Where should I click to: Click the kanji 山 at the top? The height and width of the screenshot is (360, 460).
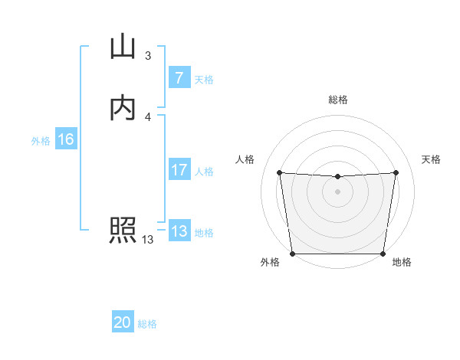pos(123,47)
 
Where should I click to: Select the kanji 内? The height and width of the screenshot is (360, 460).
pos(123,108)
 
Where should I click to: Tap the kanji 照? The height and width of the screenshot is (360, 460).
pos(123,230)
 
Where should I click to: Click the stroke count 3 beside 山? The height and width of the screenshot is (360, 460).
pos(147,56)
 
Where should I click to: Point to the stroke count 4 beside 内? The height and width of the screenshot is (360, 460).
pos(147,116)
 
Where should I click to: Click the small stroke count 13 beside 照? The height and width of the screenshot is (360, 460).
pos(147,240)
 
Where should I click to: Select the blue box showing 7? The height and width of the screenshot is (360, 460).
pos(179,78)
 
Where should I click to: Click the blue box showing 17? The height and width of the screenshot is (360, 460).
pos(179,170)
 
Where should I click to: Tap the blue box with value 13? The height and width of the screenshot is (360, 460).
pos(179,231)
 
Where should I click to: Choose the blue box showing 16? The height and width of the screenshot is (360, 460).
pos(65,139)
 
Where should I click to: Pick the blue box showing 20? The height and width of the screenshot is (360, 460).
pos(123,322)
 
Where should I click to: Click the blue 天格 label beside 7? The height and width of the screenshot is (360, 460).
pos(204,79)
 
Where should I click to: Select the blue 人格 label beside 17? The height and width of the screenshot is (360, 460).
pos(204,171)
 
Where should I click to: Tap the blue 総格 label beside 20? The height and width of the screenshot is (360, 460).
pos(147,323)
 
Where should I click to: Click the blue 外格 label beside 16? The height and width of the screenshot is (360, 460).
pos(41,140)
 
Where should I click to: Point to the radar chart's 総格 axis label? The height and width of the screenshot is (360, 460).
pos(337,100)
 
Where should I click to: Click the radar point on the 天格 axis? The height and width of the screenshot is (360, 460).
pos(396,172)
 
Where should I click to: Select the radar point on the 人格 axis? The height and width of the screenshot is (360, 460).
pos(279,172)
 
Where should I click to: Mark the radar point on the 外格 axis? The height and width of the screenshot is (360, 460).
pos(293,254)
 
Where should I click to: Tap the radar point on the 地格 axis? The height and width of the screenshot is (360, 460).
pos(382,254)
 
